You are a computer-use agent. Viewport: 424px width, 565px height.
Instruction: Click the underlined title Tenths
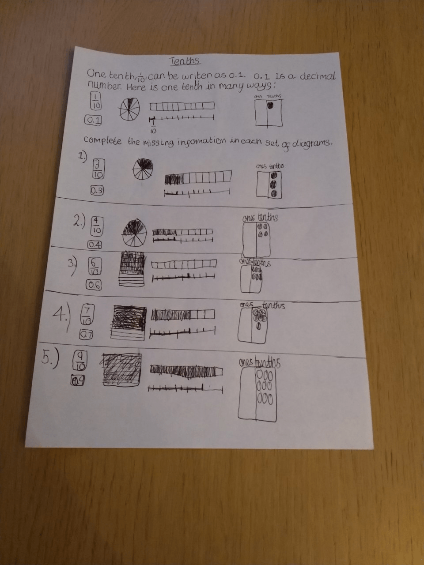pos(185,61)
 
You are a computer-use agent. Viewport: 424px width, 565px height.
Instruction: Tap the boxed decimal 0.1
pos(93,120)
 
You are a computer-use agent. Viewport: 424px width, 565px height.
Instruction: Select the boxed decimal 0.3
pos(97,191)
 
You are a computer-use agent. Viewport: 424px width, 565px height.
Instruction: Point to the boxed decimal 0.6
pos(94,285)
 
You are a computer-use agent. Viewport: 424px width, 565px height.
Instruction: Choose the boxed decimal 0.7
pos(86,335)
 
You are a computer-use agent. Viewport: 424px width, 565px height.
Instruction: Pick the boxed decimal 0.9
pos(78,380)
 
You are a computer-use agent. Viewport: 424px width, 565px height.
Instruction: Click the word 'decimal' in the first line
pos(318,76)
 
